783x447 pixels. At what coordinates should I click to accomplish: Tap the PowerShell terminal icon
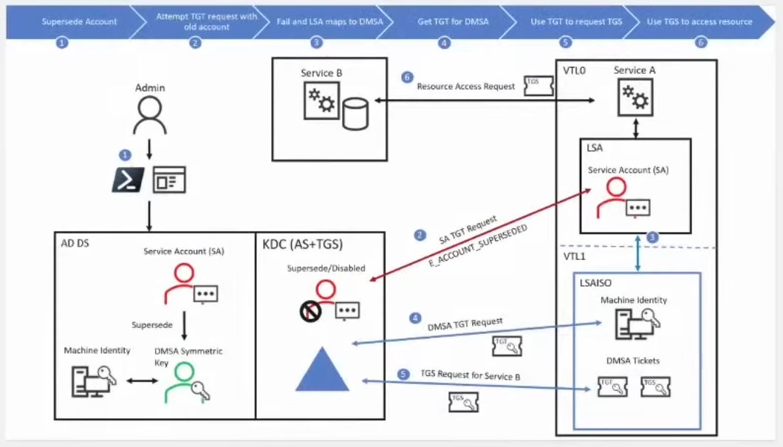tap(127, 180)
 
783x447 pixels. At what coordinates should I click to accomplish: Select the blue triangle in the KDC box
tap(321, 369)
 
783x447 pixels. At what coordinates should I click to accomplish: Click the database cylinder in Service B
tap(355, 115)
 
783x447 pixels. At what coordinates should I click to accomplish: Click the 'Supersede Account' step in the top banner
tap(79, 21)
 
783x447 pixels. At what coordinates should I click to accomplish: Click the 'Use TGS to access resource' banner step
tap(699, 21)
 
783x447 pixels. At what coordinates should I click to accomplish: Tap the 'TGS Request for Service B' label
tap(470, 376)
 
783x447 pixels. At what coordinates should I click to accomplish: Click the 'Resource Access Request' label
tap(465, 86)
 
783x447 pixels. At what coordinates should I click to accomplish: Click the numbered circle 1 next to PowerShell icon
tap(125, 155)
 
